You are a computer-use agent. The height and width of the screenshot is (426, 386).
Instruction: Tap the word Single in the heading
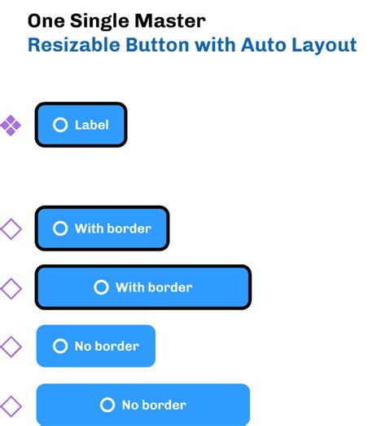tap(101, 20)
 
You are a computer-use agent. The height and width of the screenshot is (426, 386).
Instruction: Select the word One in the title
tap(45, 20)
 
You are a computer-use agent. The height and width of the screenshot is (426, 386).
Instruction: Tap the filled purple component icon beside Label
tap(10, 125)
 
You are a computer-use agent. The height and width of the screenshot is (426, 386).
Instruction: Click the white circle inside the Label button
tap(59, 125)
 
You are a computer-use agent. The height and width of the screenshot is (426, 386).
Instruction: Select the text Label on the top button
tap(91, 125)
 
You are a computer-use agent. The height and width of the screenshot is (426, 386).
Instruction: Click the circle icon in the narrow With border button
tap(59, 229)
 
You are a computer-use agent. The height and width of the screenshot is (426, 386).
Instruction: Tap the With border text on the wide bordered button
tap(154, 287)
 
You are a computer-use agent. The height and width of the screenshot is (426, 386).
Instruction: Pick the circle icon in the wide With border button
tap(101, 287)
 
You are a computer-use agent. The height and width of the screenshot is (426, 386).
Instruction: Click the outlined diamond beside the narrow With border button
tap(10, 229)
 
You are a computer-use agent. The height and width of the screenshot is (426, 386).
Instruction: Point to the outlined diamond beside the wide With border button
tap(10, 288)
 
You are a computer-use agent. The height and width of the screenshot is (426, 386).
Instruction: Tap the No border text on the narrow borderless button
tap(107, 346)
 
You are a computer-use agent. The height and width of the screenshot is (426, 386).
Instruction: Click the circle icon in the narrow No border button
tap(59, 346)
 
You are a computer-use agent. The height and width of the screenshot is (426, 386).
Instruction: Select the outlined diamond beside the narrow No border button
tap(10, 347)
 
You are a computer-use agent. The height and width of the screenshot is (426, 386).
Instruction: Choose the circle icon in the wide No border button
tap(107, 405)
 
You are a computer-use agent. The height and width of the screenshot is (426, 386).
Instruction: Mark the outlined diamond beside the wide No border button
tap(10, 406)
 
